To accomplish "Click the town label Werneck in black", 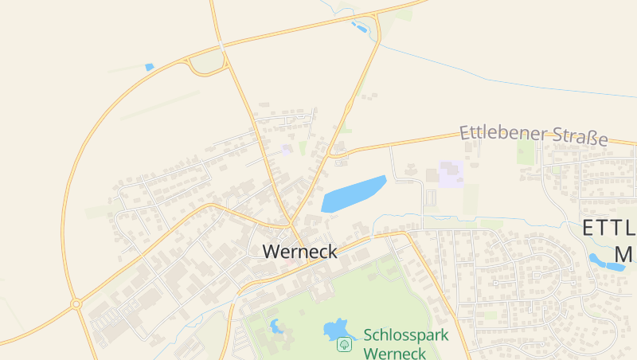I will pyautogui.click(x=299, y=252).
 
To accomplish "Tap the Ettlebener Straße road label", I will pyautogui.click(x=533, y=135).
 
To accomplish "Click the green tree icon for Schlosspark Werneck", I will pyautogui.click(x=344, y=344).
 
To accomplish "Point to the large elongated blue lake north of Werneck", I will pyautogui.click(x=353, y=194).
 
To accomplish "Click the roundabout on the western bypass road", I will pyautogui.click(x=76, y=303).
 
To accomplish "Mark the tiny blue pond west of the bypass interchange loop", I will pyautogui.click(x=149, y=67).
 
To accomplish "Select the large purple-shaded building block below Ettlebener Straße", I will pyautogui.click(x=451, y=174).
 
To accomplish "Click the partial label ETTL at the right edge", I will pyautogui.click(x=609, y=229).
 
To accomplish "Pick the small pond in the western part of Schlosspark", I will pyautogui.click(x=277, y=326).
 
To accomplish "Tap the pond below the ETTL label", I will pyautogui.click(x=606, y=262).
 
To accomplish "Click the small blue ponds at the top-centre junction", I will pyautogui.click(x=360, y=28).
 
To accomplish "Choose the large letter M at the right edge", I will pyautogui.click(x=624, y=255).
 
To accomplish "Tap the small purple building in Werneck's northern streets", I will pyautogui.click(x=287, y=149).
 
